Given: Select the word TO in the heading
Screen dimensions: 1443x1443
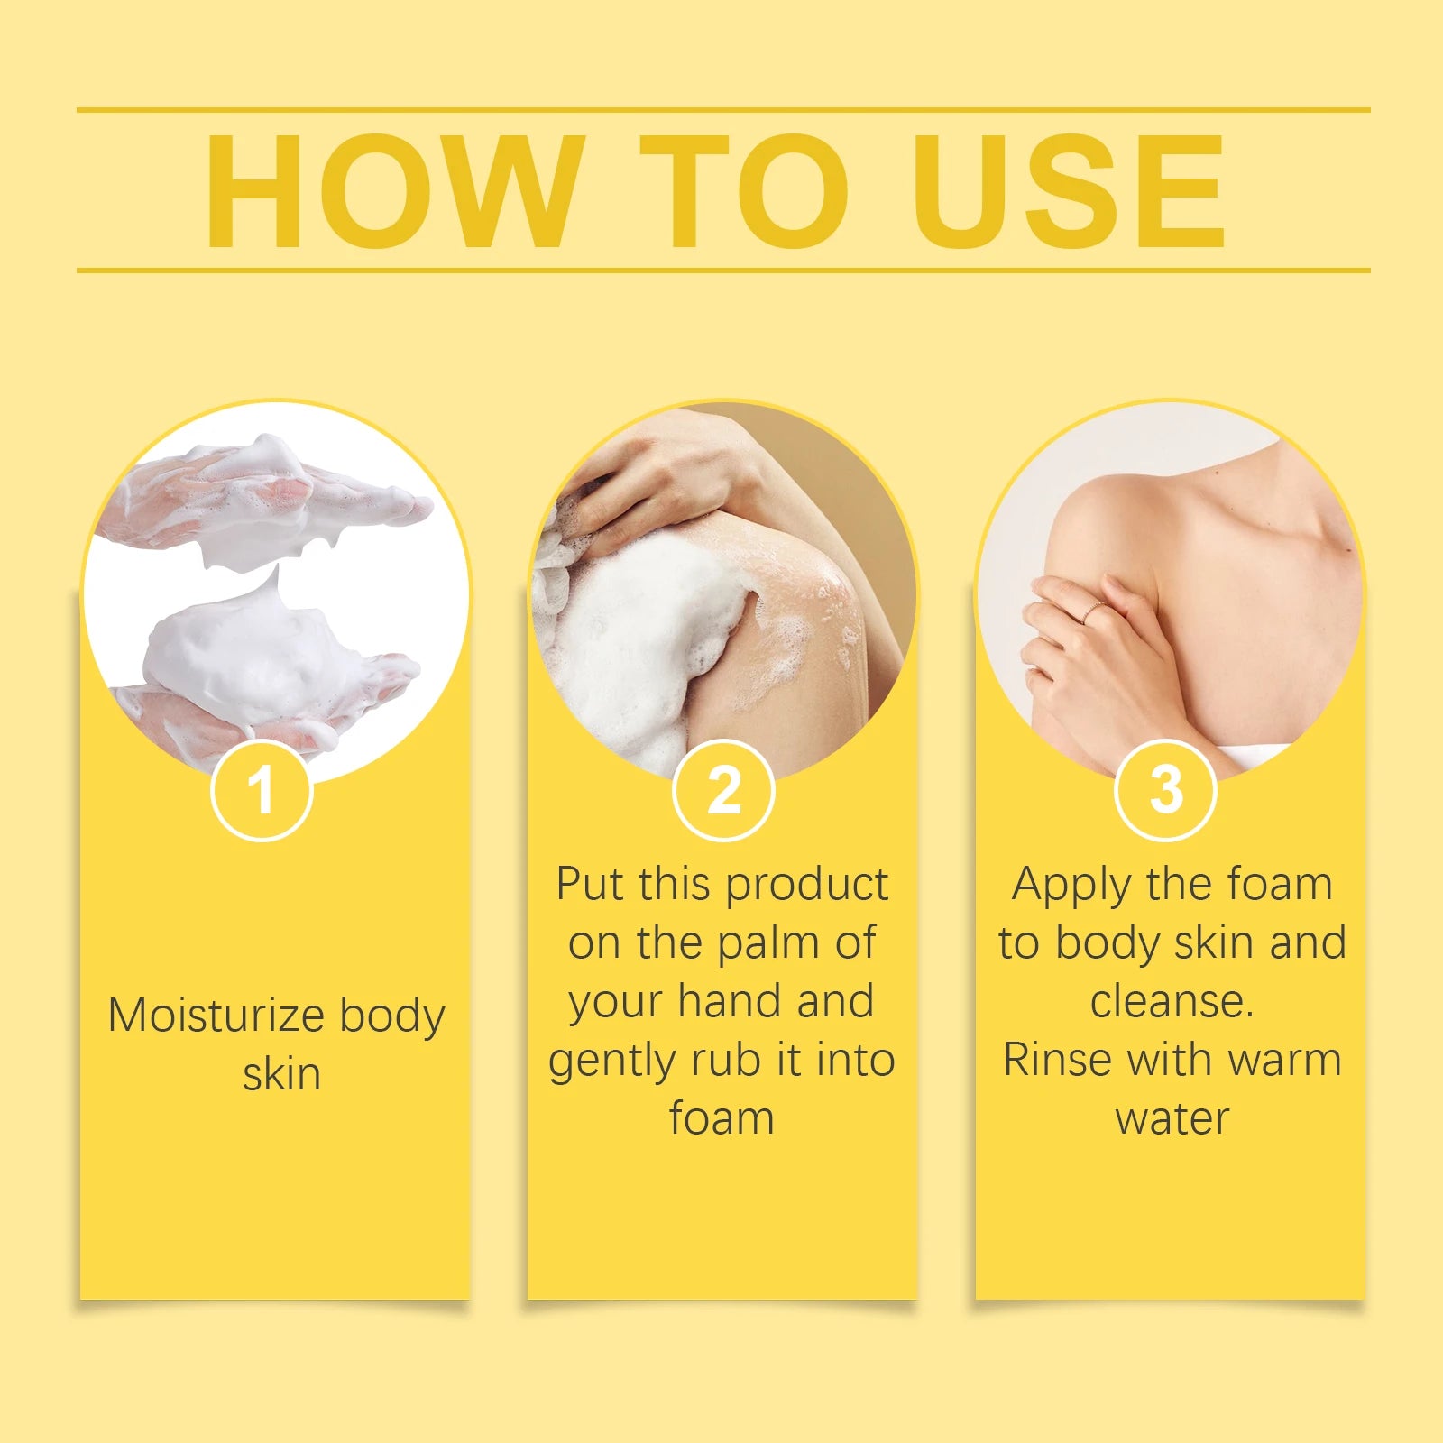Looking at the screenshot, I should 744,191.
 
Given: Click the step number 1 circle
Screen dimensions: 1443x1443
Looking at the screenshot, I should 262,790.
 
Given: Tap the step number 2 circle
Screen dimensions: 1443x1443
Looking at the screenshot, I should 723,790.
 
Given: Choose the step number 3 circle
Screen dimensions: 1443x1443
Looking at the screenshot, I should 1166,790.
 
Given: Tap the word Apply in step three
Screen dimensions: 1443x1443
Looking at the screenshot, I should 1070,886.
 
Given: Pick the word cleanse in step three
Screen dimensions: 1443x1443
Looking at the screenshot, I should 1171,1001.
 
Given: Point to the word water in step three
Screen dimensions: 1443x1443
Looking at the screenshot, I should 1172,1118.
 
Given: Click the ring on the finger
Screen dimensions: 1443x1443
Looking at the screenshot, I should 1093,611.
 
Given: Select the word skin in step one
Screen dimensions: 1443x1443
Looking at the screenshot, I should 281,1074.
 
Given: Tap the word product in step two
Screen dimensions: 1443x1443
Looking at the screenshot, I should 807,886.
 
